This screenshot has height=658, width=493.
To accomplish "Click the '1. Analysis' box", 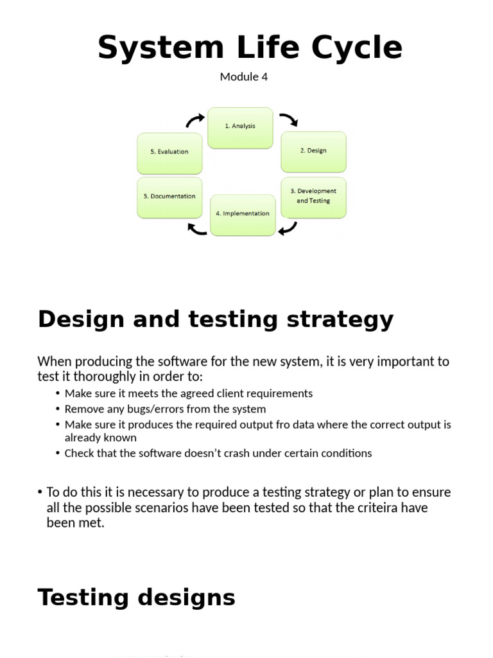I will click(240, 127).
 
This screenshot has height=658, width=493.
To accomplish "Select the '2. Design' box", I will click(313, 152).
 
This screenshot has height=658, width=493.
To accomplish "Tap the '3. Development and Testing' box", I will click(313, 197).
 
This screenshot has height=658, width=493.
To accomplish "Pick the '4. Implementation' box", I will click(243, 215).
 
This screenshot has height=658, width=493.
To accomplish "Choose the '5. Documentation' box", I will click(169, 197).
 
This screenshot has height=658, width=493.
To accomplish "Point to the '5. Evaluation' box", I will click(169, 152).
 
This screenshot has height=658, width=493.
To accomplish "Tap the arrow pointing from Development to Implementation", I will click(288, 227).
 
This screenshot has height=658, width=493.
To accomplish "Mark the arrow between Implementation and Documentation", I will click(196, 227).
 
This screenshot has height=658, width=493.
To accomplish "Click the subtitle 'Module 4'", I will click(243, 77).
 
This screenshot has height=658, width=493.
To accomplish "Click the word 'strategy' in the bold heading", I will click(340, 319).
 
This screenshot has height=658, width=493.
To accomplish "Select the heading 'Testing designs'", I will click(137, 598).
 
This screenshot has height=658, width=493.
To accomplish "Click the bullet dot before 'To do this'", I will click(40, 493).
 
